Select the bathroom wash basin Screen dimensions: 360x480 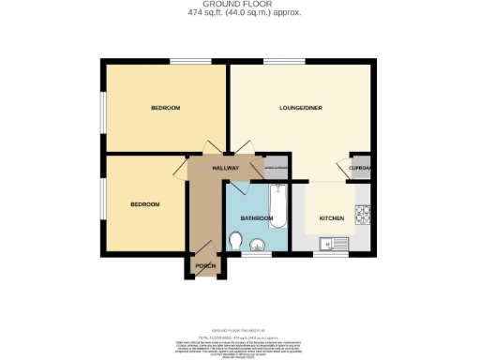point(259,244)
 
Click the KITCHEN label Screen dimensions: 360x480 point(332,218)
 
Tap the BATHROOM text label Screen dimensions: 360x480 point(256,218)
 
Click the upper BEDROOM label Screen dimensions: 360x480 point(165,109)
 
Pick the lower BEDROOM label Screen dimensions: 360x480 point(144,204)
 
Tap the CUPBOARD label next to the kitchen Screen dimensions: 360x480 point(361,169)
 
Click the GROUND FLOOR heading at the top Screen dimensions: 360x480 point(239,5)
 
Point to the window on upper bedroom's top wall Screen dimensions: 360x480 point(183,62)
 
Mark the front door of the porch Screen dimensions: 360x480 point(204,279)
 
